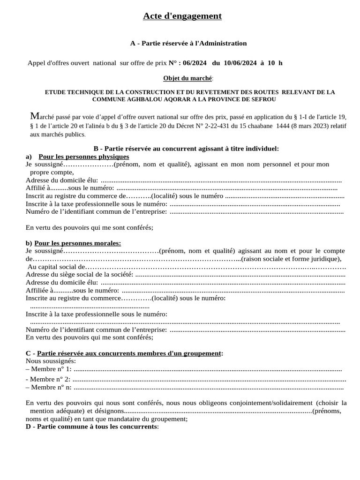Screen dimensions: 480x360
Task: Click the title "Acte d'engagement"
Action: coord(182,16)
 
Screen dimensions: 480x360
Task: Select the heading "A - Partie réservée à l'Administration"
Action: coord(188,44)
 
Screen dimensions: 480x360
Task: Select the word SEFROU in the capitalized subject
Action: coord(263,99)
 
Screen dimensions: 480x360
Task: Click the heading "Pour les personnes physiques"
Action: coord(84,157)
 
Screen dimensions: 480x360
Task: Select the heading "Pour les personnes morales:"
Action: coord(77,243)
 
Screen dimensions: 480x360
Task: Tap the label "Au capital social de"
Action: coord(54,267)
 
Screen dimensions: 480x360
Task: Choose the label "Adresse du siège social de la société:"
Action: coord(80,274)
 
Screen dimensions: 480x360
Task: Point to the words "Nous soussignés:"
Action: coord(51,361)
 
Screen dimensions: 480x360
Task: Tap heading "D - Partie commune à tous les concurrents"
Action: coord(92,427)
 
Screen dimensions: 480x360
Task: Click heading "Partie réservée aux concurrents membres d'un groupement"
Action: coord(129,353)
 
